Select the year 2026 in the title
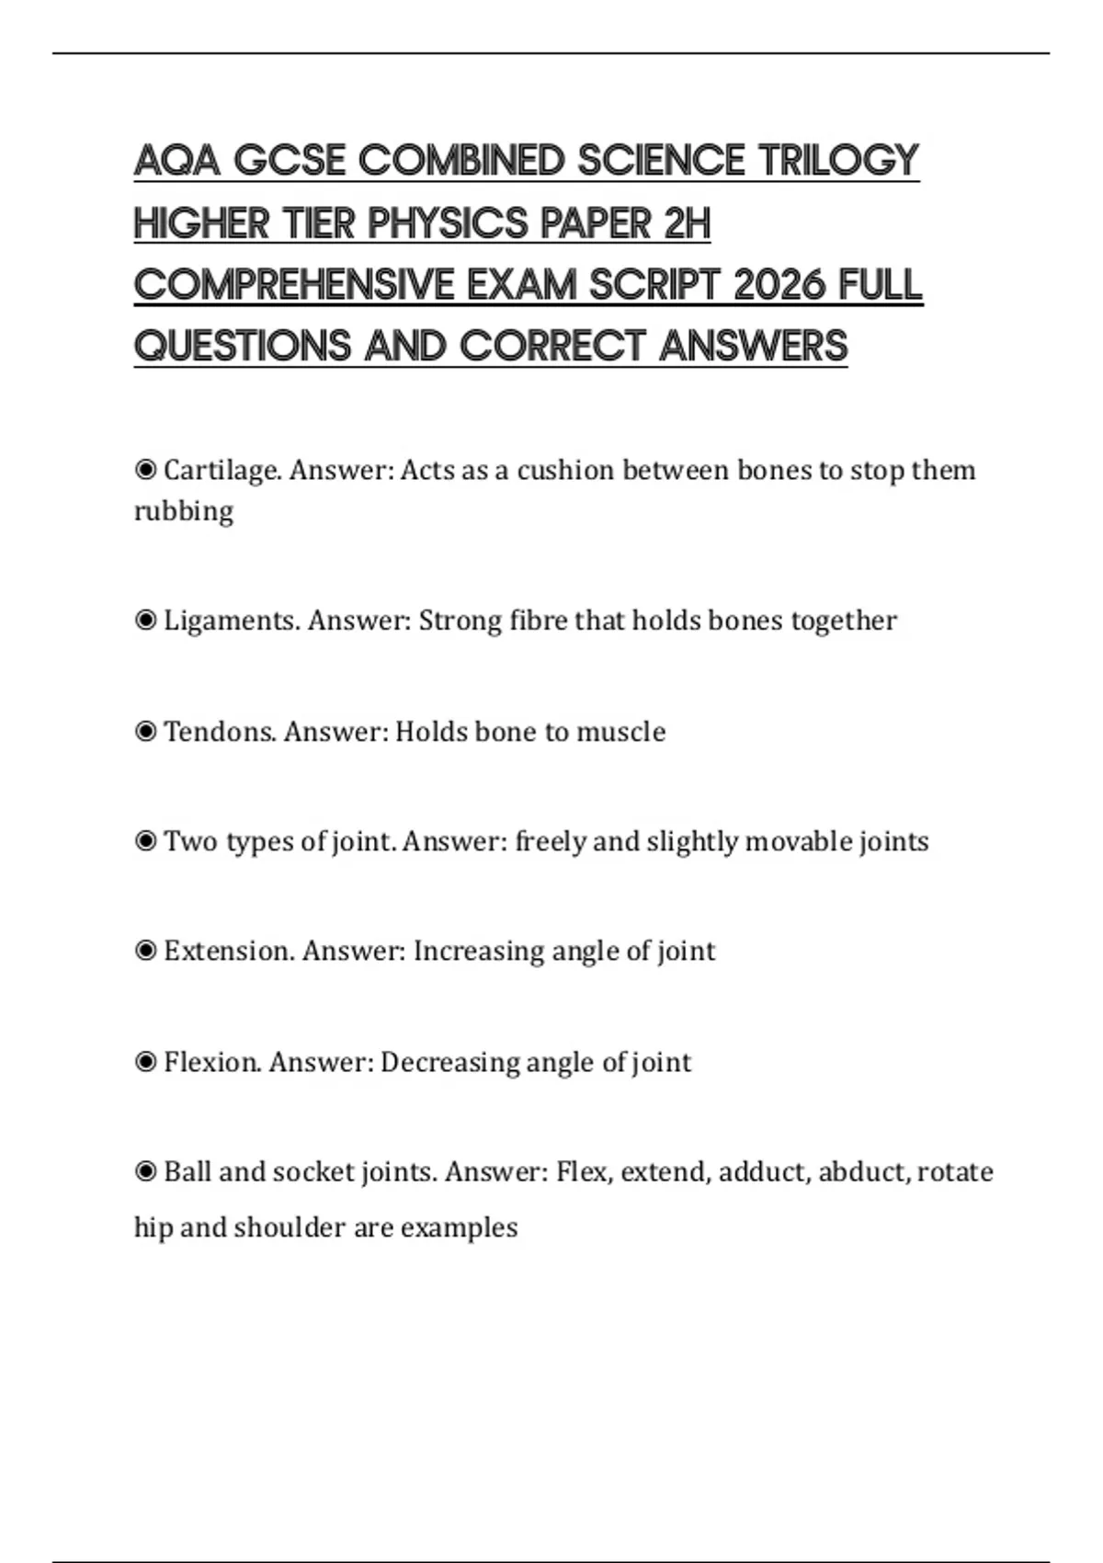(780, 285)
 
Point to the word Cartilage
(222, 471)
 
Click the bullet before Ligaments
(145, 622)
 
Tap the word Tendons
(220, 732)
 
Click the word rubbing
(184, 511)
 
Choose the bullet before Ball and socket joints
(145, 1172)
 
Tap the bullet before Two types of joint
(145, 841)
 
